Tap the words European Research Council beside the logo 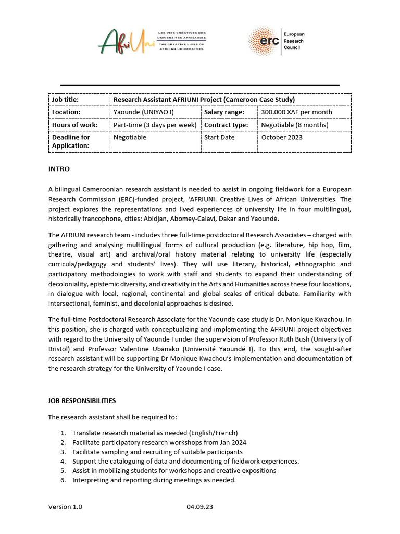294,41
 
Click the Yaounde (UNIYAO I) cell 144,112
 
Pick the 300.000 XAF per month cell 296,112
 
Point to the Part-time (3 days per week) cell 155,125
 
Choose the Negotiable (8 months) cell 294,125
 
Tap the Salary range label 222,112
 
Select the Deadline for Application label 71,142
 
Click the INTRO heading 59,169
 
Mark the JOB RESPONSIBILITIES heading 82,401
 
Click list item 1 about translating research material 155,433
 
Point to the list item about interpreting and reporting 154,480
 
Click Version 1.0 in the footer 65,507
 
